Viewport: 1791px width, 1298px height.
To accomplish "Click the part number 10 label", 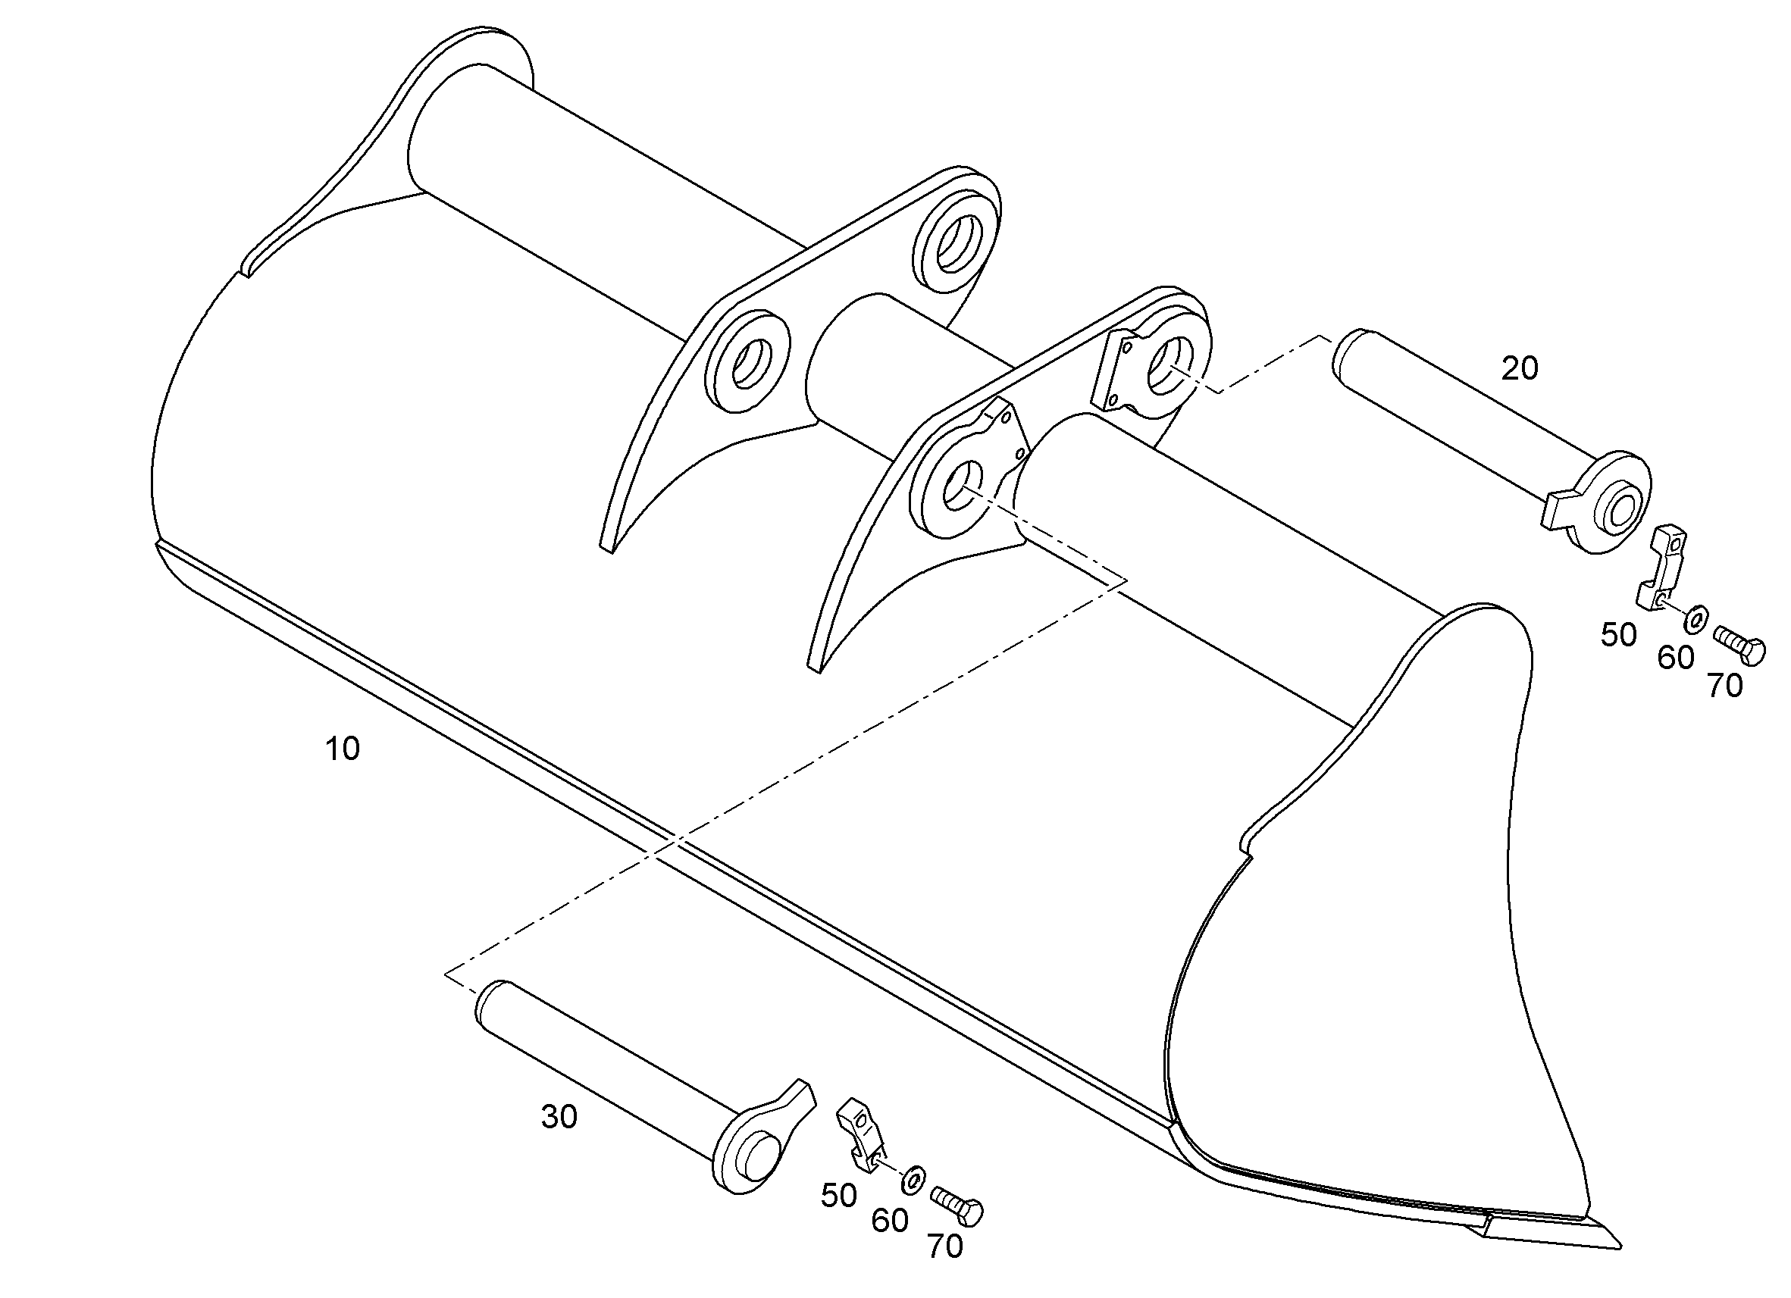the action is pyautogui.click(x=343, y=749).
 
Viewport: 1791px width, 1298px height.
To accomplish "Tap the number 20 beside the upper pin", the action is pyautogui.click(x=1520, y=369).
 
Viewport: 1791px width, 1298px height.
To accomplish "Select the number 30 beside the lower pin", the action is pyautogui.click(x=559, y=1117).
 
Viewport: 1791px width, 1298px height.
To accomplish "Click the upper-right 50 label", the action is pyautogui.click(x=1619, y=635).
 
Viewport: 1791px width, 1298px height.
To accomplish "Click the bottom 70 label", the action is pyautogui.click(x=945, y=1246).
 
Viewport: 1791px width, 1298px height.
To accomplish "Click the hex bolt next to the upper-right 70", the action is pyautogui.click(x=1739, y=642).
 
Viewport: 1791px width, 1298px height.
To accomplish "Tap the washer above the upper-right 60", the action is pyautogui.click(x=1694, y=619).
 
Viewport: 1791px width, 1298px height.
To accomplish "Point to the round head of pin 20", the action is pyautogui.click(x=1611, y=502).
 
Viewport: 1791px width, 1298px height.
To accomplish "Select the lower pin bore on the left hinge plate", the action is pyautogui.click(x=747, y=362).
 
